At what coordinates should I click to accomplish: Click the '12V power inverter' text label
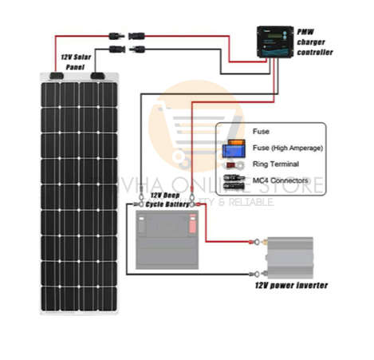(x=291, y=285)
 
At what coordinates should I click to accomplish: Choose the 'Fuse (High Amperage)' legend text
(x=286, y=148)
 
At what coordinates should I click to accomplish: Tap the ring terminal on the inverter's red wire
(x=257, y=237)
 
